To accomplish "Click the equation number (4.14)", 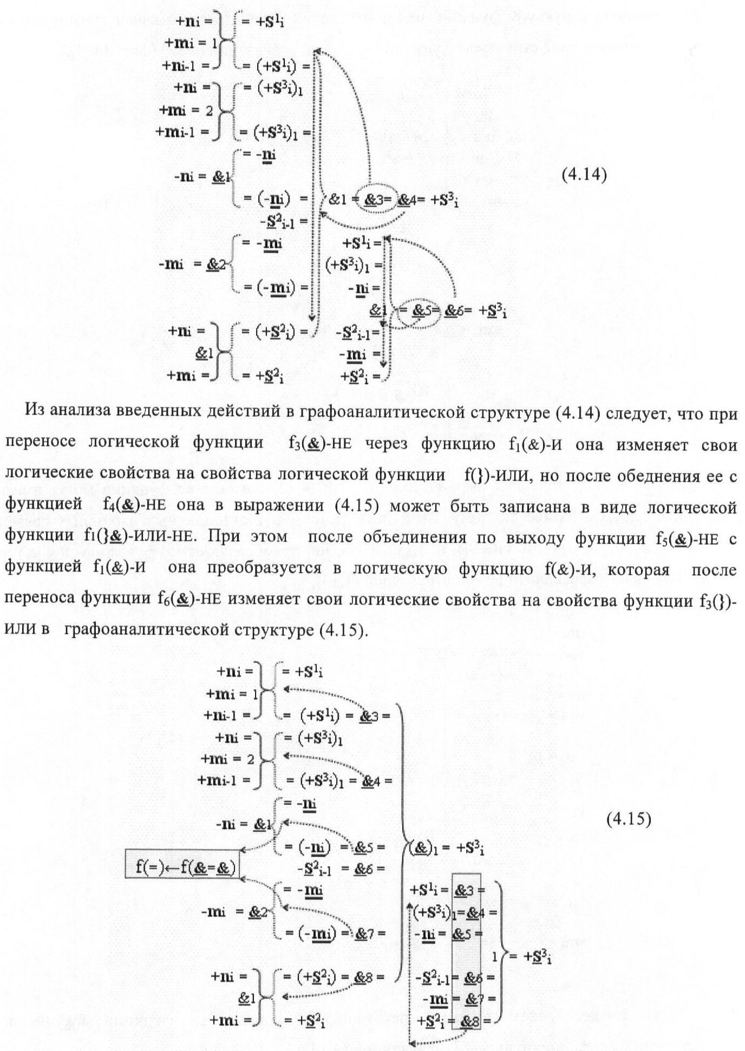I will pyautogui.click(x=583, y=175).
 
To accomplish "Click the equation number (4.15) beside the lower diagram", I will pyautogui.click(x=628, y=819).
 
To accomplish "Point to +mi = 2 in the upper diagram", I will pyautogui.click(x=187, y=109).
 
